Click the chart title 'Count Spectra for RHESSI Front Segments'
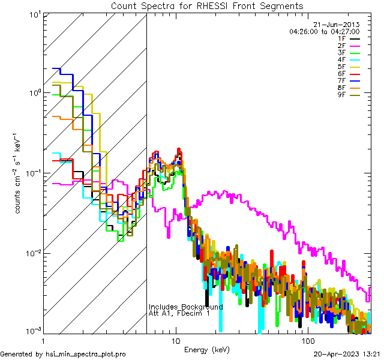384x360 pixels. click(207, 5)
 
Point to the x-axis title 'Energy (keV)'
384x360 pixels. click(206, 349)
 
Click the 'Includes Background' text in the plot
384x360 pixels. click(185, 307)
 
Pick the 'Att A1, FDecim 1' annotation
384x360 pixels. click(179, 313)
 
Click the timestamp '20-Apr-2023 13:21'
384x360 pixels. click(345, 354)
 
